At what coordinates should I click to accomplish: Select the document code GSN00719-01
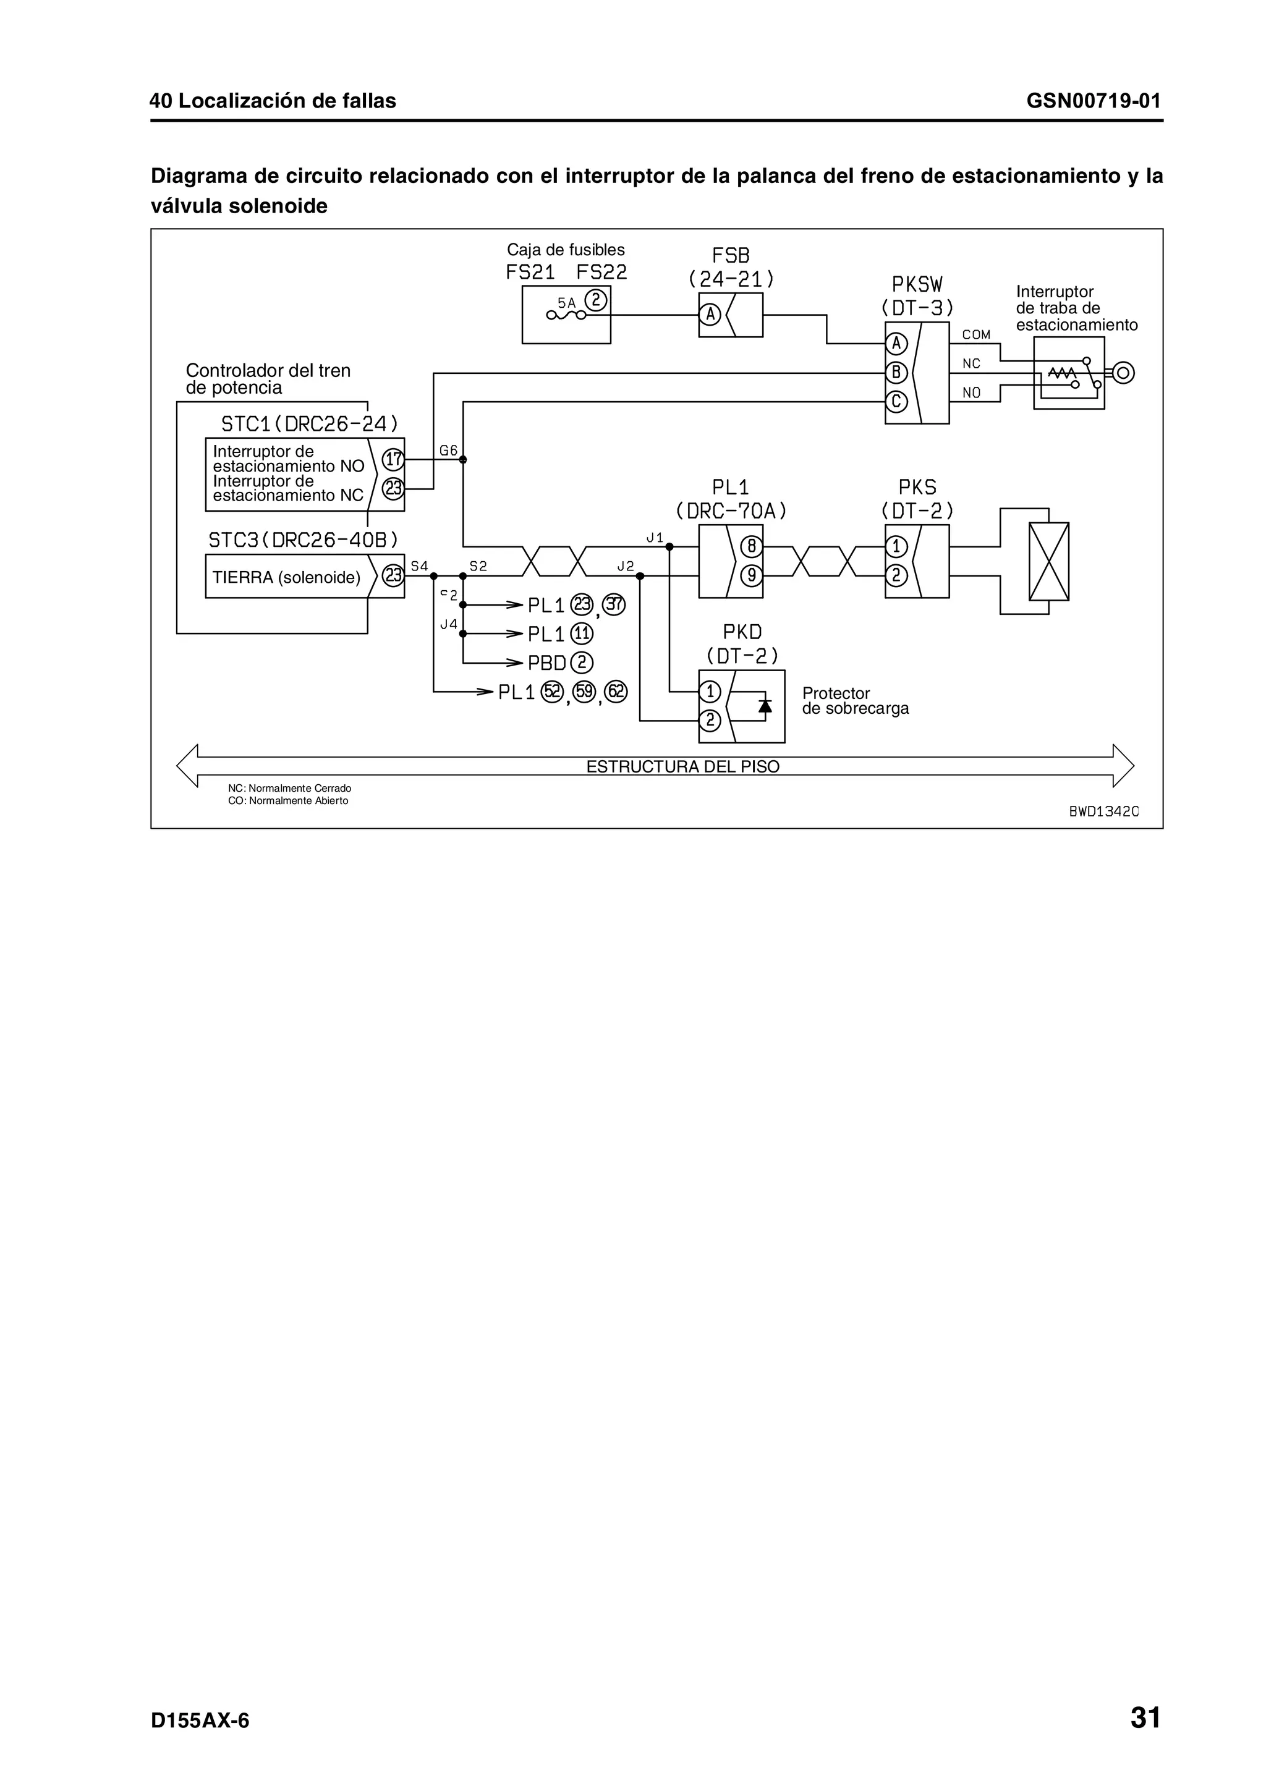click(x=1093, y=101)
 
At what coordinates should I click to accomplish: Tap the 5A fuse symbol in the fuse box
click(x=566, y=315)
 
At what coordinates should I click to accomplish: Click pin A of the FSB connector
click(x=709, y=315)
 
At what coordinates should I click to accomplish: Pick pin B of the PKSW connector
click(x=896, y=373)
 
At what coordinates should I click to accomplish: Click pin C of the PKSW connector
click(x=896, y=402)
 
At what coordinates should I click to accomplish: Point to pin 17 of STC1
click(x=393, y=459)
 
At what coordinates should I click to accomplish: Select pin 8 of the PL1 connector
click(x=750, y=546)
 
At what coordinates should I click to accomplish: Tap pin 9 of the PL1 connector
click(x=750, y=576)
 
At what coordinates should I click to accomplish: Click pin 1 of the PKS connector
click(x=896, y=546)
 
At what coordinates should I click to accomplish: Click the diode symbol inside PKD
click(x=765, y=705)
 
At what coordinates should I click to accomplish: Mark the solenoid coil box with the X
click(x=1048, y=562)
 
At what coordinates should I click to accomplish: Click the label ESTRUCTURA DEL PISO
click(x=682, y=767)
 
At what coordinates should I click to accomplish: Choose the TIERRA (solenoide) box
click(x=287, y=577)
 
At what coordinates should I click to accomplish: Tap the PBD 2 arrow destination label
click(x=560, y=663)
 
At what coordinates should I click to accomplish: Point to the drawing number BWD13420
click(x=1103, y=811)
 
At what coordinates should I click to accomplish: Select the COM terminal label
click(x=976, y=334)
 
